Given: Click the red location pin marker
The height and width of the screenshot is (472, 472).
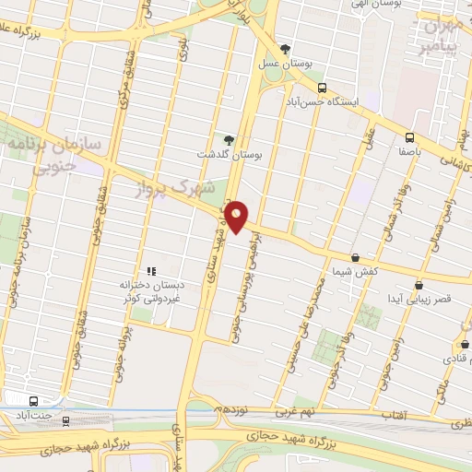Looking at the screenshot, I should [x=238, y=217].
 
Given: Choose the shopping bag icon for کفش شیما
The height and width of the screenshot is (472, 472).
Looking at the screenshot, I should [x=356, y=258].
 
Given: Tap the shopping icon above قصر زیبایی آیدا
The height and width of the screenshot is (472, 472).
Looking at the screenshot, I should [x=419, y=285].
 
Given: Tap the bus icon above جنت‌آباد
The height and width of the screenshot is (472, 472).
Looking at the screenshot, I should [x=34, y=401].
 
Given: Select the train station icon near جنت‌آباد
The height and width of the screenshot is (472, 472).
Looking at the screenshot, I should [x=65, y=419].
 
